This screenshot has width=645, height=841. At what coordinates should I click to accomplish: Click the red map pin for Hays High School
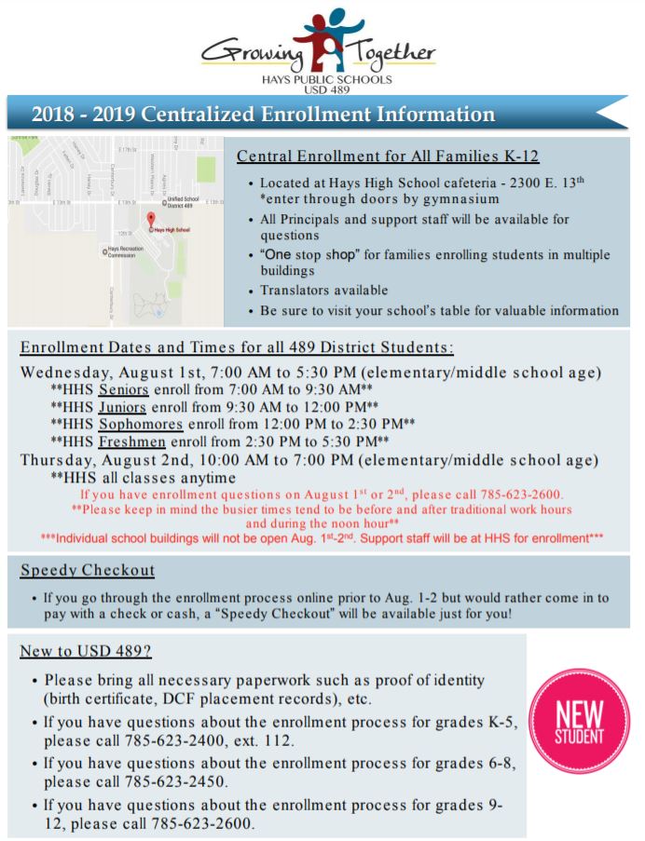pos(150,219)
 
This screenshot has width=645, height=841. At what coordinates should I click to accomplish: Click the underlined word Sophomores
pos(139,423)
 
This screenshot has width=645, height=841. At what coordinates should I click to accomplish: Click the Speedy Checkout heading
pos(88,570)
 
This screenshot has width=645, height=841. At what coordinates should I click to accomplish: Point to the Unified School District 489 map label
pos(183,202)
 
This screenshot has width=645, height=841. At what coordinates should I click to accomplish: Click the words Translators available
pos(324,290)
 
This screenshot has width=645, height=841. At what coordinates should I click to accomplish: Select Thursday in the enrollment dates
pos(58,459)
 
